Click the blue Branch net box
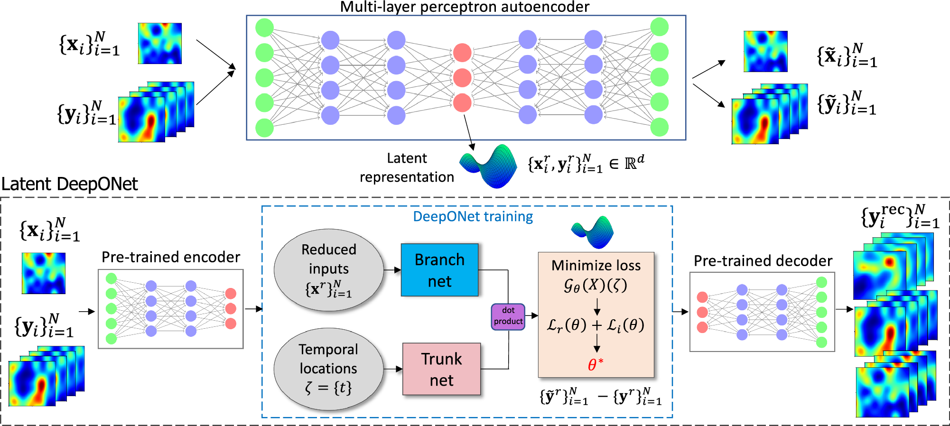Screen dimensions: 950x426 (439, 270)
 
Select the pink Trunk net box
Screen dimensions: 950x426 (441, 369)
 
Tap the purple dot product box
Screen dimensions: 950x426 (508, 316)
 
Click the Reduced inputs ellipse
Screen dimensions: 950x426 (329, 270)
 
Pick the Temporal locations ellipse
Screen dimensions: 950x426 (328, 369)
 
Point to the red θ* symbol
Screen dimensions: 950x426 (596, 364)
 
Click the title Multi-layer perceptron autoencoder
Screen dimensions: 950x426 (465, 7)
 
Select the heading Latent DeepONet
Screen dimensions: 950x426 (70, 184)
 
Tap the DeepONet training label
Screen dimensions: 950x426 (473, 216)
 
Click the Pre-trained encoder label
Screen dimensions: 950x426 (171, 257)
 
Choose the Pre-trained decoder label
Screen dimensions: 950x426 (763, 261)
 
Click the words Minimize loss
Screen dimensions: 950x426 (596, 265)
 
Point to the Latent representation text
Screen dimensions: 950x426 (407, 167)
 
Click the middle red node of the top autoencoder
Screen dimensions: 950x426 (462, 77)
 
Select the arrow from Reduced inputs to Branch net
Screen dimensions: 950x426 (392, 270)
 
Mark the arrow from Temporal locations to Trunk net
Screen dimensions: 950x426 (393, 369)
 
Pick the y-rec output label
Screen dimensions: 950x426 (900, 217)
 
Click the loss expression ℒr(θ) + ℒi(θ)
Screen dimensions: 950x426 (596, 325)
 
